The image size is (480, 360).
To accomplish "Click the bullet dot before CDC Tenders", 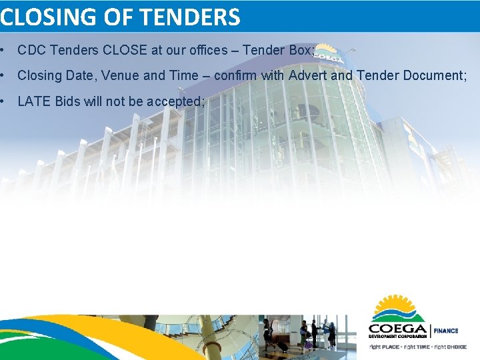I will pos(4,51).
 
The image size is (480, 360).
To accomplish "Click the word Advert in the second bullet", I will pos(308,75).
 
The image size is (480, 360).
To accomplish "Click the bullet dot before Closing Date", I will pos(4,75).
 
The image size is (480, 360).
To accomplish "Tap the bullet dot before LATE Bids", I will pos(4,101).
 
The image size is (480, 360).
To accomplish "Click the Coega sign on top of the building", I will pos(325,53).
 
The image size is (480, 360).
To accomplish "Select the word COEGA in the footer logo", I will pos(398,329).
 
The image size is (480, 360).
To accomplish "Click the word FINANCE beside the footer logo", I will pos(447,331).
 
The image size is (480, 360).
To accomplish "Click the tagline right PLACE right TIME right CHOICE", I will pos(417,347).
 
